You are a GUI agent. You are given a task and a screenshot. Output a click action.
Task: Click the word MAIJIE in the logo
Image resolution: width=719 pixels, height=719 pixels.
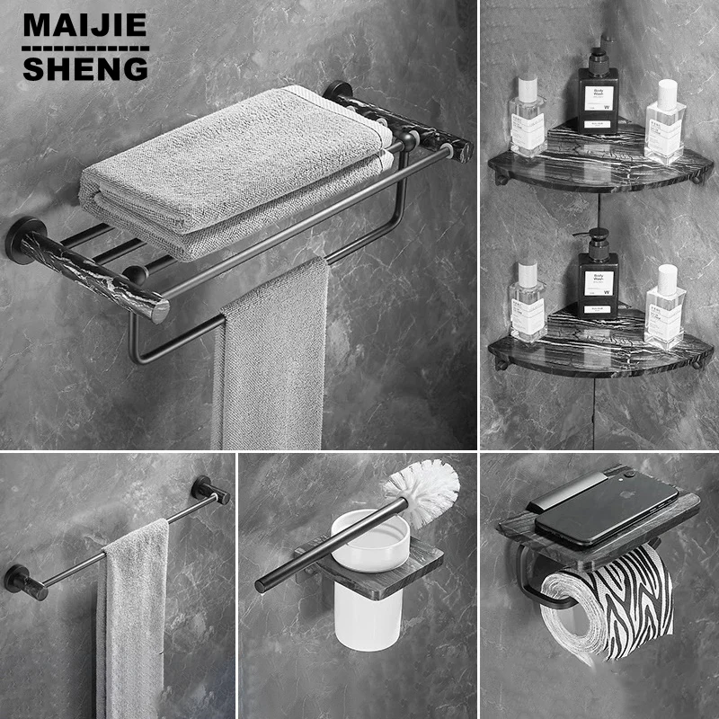tap(85, 24)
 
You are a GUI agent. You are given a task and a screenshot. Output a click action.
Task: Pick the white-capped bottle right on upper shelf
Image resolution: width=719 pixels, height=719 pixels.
tap(665, 121)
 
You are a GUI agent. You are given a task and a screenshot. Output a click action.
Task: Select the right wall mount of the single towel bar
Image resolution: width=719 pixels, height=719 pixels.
tap(209, 491)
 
